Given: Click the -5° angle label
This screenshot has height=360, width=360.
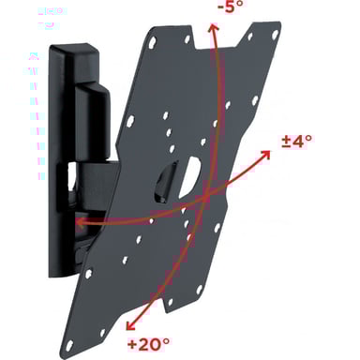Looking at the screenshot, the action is [230, 7].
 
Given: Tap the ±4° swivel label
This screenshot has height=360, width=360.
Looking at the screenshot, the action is [296, 142].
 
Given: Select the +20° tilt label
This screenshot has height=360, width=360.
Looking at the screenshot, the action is [148, 344].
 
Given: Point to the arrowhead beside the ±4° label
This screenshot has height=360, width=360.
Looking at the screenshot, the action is [265, 155].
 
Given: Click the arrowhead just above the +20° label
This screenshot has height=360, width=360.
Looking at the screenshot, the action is [130, 325].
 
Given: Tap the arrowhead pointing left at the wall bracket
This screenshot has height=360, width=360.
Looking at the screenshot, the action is [80, 223].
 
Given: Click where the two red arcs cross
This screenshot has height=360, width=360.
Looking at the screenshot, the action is [205, 198].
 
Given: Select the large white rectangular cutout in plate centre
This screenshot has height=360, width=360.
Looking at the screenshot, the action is [189, 177].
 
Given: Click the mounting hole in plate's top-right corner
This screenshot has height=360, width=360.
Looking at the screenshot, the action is [275, 35].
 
